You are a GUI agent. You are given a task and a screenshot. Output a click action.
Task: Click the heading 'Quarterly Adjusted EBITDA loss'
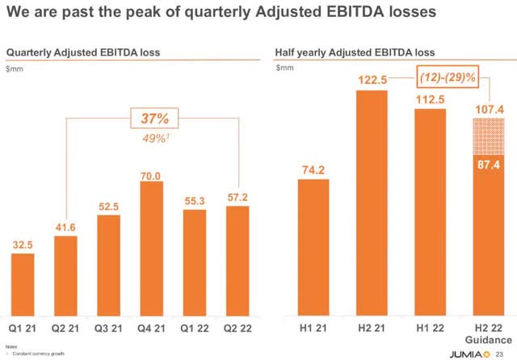click(x=83, y=52)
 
